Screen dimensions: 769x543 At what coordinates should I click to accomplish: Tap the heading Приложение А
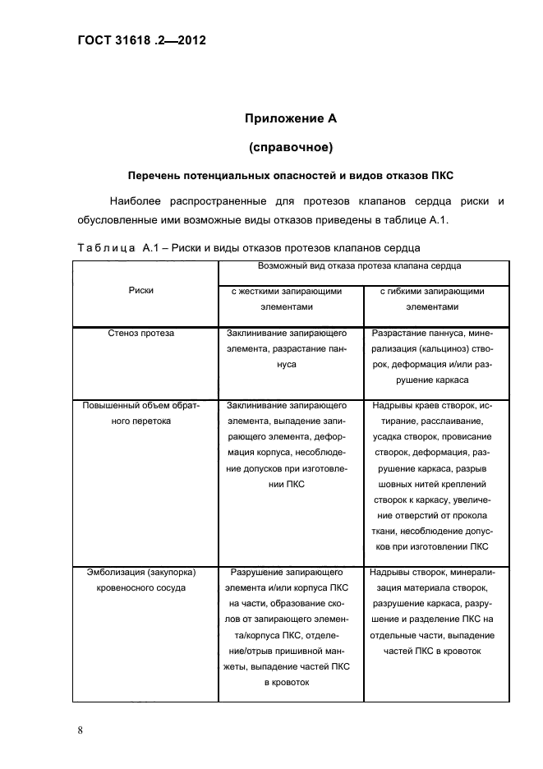[291, 118]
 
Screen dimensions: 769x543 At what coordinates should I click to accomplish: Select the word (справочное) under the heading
[290, 147]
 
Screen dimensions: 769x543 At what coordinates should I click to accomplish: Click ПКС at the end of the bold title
[440, 176]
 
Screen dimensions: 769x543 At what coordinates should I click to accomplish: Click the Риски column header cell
[141, 290]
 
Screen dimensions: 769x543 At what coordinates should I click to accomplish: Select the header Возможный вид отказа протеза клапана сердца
[359, 266]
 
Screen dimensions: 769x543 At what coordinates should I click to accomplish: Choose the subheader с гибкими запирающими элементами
[432, 298]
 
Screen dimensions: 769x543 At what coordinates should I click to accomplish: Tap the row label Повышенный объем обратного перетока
[141, 412]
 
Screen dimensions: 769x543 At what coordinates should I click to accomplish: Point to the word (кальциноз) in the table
[432, 349]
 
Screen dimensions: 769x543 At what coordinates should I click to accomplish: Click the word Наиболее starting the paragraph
[135, 201]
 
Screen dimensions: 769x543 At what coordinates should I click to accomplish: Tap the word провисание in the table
[470, 436]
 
